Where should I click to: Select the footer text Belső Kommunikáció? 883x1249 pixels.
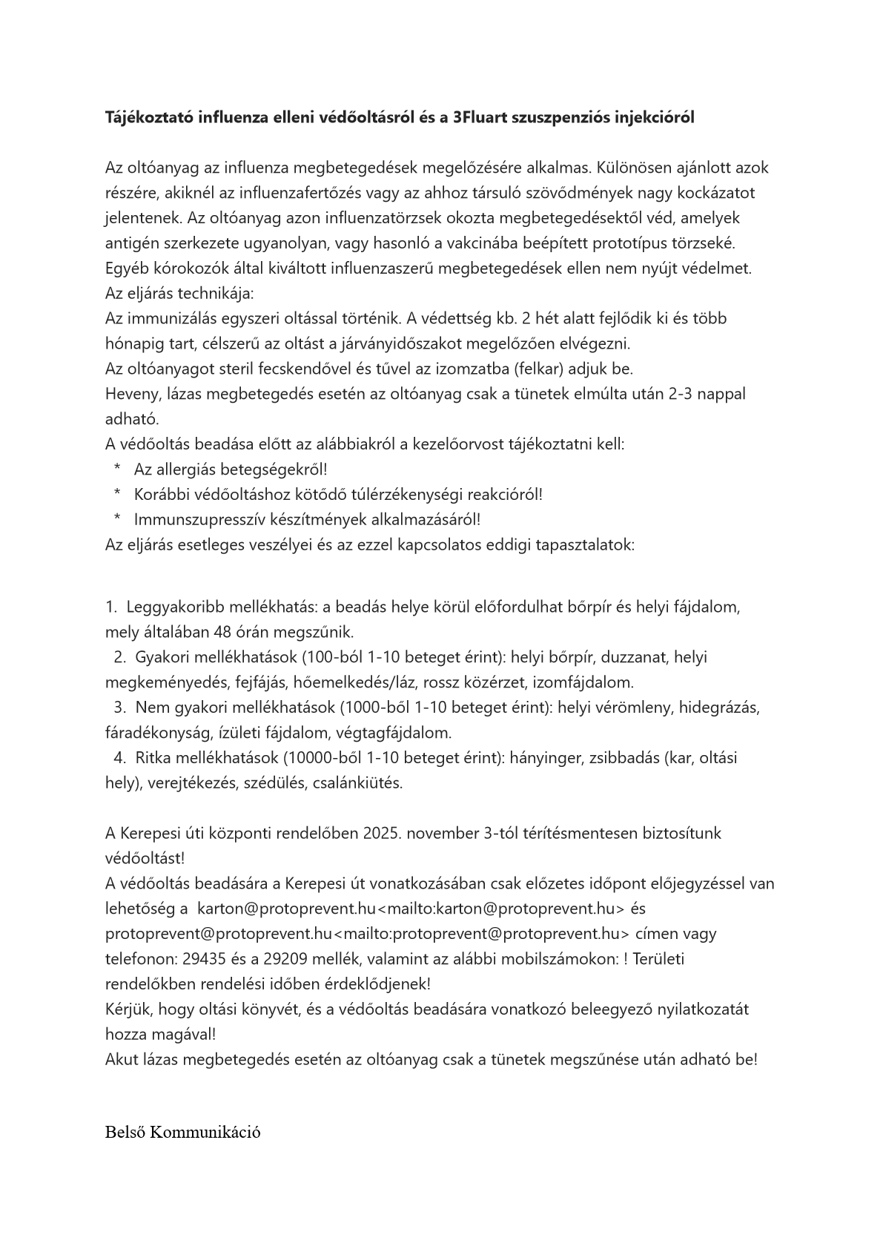182,1133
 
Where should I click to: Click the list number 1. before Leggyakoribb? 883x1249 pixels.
111,607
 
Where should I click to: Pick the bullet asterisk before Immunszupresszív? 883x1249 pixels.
117,519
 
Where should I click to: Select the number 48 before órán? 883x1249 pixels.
202,632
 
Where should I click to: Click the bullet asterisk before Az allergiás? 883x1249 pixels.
117,469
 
